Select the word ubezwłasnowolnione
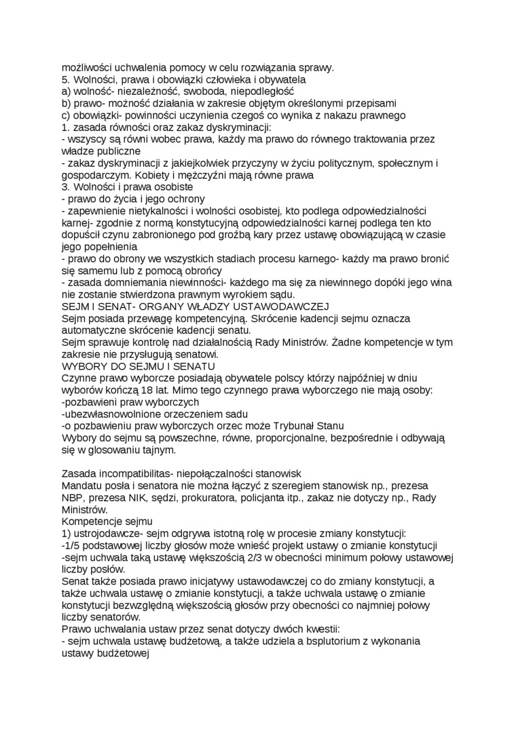(107, 414)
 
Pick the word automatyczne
(95, 330)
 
